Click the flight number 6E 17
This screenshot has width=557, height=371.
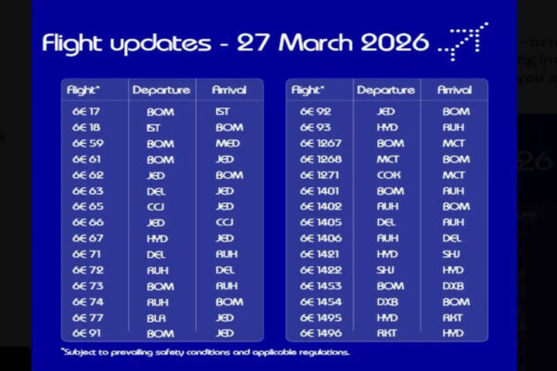pos(85,110)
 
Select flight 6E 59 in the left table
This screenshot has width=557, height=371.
pos(86,143)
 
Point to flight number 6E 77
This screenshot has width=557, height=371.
pos(86,317)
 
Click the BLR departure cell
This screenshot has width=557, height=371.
pos(160,317)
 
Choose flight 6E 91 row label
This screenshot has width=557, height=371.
pos(86,333)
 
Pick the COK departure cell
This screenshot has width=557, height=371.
pos(390,174)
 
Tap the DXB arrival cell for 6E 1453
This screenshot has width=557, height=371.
pos(455,286)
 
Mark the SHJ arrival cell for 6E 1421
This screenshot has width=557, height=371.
pos(455,253)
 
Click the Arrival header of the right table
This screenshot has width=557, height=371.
pos(455,90)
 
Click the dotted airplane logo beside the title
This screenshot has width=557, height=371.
pos(463,39)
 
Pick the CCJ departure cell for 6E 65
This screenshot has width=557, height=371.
pos(160,206)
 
